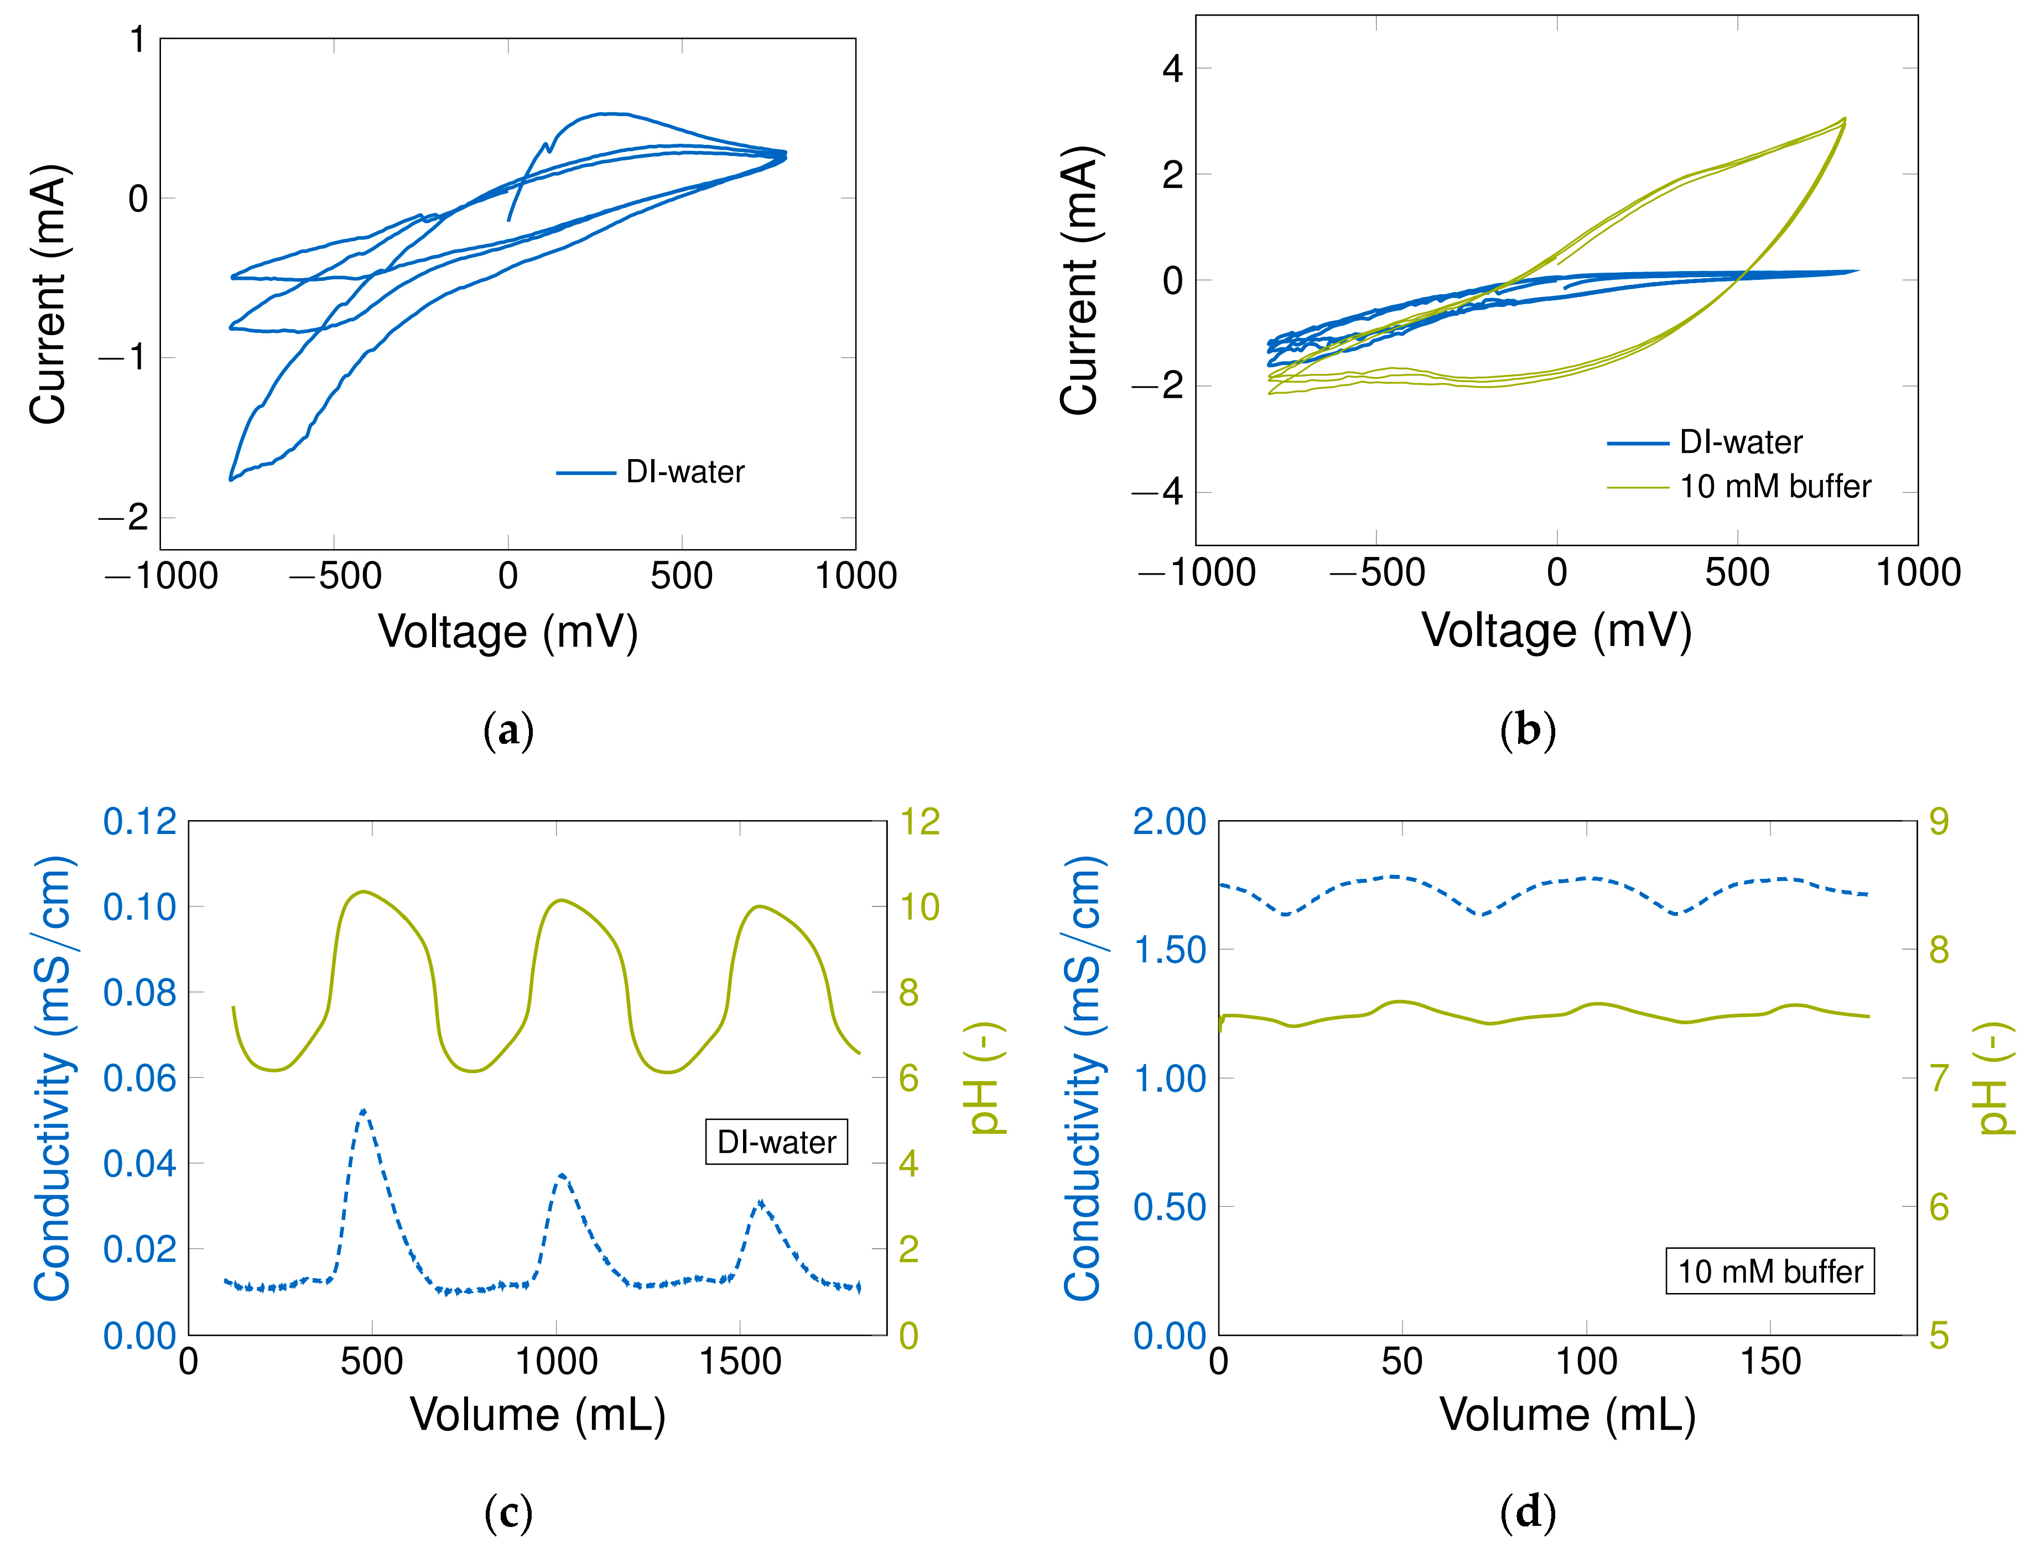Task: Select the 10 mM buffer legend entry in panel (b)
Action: (1775, 487)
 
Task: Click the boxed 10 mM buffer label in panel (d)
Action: (1769, 1271)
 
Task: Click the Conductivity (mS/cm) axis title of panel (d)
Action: (1084, 1077)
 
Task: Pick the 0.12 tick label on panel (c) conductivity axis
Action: (139, 821)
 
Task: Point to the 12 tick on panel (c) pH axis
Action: (919, 821)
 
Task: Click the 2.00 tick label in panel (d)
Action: (1168, 821)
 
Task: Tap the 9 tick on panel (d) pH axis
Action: (1939, 821)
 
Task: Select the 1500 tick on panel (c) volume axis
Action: (740, 1361)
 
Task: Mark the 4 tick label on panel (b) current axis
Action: (1172, 68)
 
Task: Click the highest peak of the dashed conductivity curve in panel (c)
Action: (363, 1111)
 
